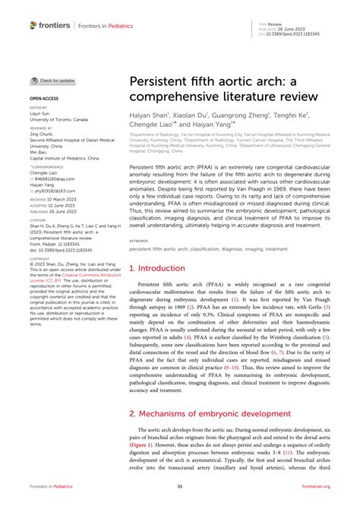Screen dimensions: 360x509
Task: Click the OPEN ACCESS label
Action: [x=44, y=99]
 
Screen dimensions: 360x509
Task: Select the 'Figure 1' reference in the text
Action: [x=142, y=447]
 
